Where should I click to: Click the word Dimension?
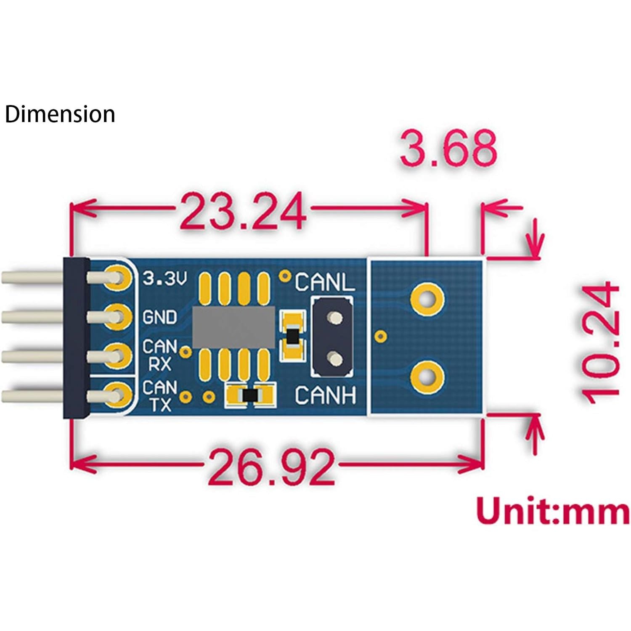[60, 114]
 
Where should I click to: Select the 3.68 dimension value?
[448, 148]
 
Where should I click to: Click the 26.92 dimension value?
[271, 466]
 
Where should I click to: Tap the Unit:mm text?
[553, 511]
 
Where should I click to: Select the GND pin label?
[160, 317]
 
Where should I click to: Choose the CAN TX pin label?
[159, 395]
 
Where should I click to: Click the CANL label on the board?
[325, 282]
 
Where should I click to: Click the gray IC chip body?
[233, 327]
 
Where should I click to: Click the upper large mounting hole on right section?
[427, 300]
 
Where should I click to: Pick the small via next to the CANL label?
[286, 276]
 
